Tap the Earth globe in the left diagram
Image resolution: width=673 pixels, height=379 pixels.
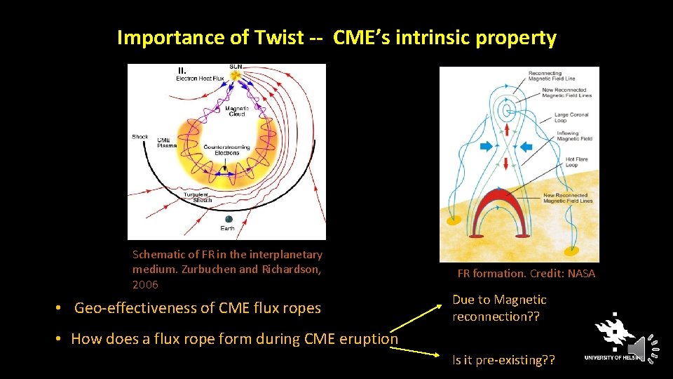pyautogui.click(x=228, y=220)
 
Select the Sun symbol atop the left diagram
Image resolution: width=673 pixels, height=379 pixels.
pyautogui.click(x=236, y=74)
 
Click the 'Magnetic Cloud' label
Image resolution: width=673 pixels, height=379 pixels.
pyautogui.click(x=236, y=111)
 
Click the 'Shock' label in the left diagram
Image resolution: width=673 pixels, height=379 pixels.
pyautogui.click(x=140, y=136)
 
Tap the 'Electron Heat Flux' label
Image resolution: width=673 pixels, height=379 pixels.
pyautogui.click(x=200, y=79)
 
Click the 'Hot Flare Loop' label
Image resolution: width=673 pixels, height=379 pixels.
pyautogui.click(x=577, y=163)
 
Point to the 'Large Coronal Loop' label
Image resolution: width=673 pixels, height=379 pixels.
pyautogui.click(x=571, y=117)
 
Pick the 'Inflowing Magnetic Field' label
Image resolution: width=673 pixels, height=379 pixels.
pyautogui.click(x=574, y=136)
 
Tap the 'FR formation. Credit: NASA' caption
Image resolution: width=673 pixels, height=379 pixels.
pyautogui.click(x=526, y=274)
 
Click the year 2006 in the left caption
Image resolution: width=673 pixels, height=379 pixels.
pyautogui.click(x=146, y=285)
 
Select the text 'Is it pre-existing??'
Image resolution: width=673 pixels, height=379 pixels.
pyautogui.click(x=503, y=361)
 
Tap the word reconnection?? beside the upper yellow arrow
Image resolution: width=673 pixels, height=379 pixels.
pyautogui.click(x=496, y=317)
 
